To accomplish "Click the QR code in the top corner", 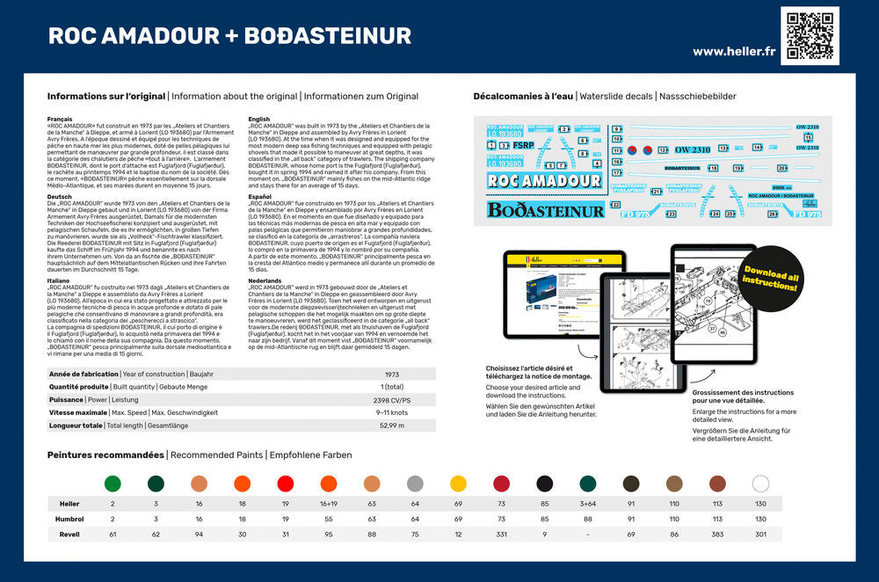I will pyautogui.click(x=810, y=35).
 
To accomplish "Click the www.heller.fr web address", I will pyautogui.click(x=734, y=51).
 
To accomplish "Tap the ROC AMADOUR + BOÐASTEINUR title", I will pyautogui.click(x=229, y=36).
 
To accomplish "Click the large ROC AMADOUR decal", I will pyautogui.click(x=545, y=181).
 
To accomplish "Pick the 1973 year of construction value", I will pyautogui.click(x=392, y=374).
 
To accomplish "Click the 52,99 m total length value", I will pyautogui.click(x=392, y=426).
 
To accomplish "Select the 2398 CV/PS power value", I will pyautogui.click(x=392, y=399).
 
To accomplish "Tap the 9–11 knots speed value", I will pyautogui.click(x=392, y=412).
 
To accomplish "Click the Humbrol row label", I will pyautogui.click(x=68, y=519).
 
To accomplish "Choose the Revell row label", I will pyautogui.click(x=69, y=534).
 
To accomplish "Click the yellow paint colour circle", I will pyautogui.click(x=458, y=484).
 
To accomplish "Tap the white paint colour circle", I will pyautogui.click(x=760, y=484).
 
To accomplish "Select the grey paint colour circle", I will pyautogui.click(x=415, y=484).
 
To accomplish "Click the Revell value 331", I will pyautogui.click(x=501, y=534).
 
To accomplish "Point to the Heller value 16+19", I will pyautogui.click(x=329, y=504).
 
